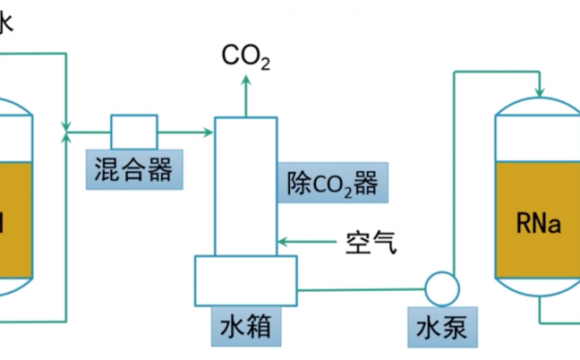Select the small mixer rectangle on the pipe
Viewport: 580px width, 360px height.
(x=134, y=131)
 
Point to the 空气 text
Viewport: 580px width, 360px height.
(x=367, y=241)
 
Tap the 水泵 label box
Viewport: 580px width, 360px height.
(x=441, y=330)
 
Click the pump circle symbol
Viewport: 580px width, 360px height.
(x=441, y=288)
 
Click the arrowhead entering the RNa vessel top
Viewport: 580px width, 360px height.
(x=540, y=90)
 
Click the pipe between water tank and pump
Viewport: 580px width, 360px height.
(x=358, y=288)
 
